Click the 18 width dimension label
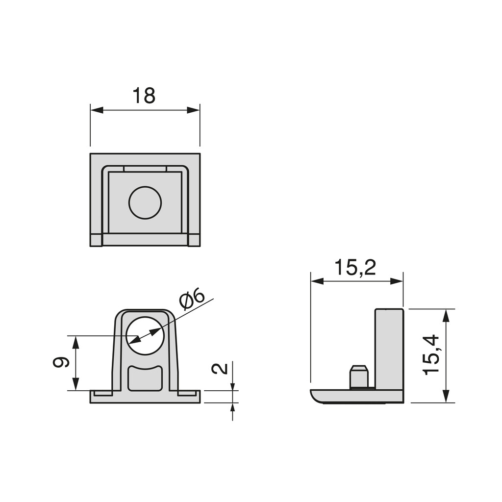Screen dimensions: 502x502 pos(144,96)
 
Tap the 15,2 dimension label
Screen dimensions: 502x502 pos(355,267)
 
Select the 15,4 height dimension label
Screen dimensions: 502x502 pos(431,355)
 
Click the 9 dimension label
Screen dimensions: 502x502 pos(61,362)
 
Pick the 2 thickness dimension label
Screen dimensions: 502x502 pos(220,369)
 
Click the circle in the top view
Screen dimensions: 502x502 pos(145,202)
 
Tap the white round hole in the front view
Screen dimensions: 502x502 pos(145,335)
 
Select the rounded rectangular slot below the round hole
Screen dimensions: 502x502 pos(145,378)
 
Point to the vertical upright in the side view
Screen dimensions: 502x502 pos(389,350)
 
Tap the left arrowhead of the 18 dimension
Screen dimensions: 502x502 pos(97,110)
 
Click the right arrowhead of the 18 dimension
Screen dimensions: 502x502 pos(193,110)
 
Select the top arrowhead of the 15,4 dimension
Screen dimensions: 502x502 pos(447,316)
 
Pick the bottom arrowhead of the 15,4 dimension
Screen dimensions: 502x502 pos(447,396)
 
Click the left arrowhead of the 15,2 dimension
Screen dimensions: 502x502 pos(317,281)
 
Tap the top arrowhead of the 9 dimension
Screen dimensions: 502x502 pos(75,342)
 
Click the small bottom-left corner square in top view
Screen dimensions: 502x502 pos(96,240)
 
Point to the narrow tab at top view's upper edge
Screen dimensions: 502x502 pos(145,169)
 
